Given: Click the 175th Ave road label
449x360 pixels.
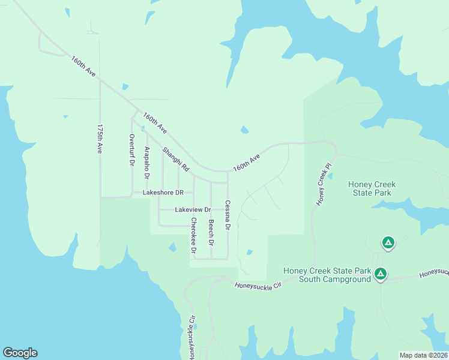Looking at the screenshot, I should pos(100,140).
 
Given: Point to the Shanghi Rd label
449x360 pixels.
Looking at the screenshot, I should pos(175,160).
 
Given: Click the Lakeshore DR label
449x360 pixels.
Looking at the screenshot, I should pos(163,193).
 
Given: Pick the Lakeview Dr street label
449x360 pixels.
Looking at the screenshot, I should pos(193,210).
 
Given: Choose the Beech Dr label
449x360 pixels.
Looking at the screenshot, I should pos(211,233).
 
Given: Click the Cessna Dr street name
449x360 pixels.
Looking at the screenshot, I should pos(228,215).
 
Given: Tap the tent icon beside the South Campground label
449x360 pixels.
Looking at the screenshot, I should pos(380,274).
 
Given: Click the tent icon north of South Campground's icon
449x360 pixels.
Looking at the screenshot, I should pos(388,243).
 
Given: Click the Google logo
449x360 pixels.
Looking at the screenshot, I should pos(20,353).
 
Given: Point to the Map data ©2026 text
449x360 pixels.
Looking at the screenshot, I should pos(424,355).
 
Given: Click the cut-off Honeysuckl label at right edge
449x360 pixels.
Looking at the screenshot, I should pos(434,273).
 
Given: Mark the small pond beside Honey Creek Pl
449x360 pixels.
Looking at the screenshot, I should pos(330,176).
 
